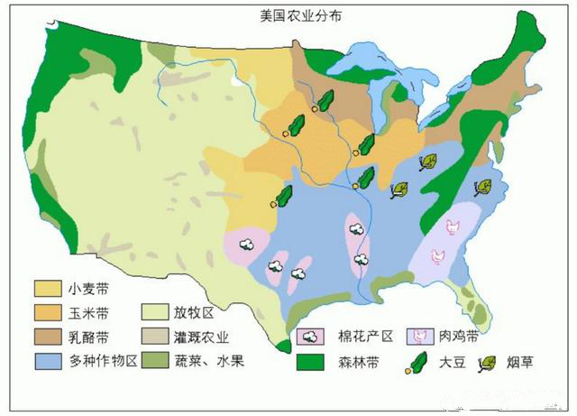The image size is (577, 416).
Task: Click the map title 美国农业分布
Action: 288,16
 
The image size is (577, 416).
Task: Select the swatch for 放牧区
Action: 158,313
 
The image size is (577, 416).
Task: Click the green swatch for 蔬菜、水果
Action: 158,361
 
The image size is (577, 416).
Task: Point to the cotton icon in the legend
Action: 311,337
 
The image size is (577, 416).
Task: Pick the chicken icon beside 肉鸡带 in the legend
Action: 421,337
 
